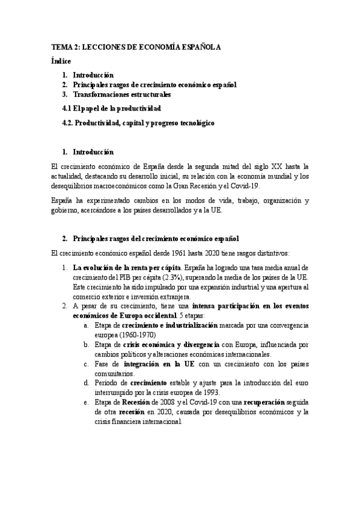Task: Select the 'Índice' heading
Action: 61,61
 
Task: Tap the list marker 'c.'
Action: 87,364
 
